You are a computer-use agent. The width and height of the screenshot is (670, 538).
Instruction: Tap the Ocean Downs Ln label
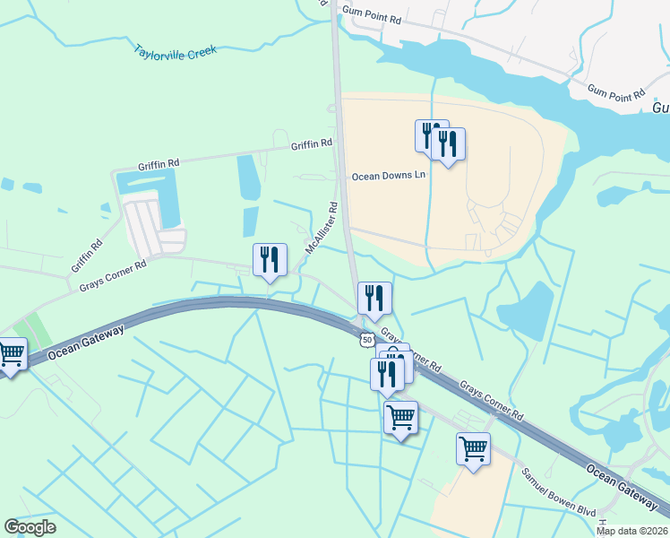[x=388, y=176]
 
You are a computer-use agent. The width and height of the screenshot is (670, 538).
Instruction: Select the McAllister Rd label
[x=322, y=228]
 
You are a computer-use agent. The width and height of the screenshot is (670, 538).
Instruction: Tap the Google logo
[x=30, y=527]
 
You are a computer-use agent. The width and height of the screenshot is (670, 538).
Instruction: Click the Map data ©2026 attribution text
[x=632, y=531]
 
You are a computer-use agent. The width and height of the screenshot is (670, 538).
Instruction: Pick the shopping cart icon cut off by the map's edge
[x=10, y=354]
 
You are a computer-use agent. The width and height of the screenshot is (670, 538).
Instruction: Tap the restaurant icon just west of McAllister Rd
[x=270, y=260]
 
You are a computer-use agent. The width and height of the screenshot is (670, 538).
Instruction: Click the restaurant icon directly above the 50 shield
[x=374, y=299]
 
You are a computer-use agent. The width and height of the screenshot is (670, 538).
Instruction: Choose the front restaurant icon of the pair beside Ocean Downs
[x=448, y=143]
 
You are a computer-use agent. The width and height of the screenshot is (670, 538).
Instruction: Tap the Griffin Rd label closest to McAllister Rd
[x=311, y=143]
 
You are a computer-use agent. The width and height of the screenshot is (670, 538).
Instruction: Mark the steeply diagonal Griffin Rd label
[x=86, y=256]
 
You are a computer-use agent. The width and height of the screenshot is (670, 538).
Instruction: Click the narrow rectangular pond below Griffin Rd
[x=247, y=178]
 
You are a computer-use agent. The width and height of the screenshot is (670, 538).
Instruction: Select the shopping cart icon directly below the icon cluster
[x=400, y=416]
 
